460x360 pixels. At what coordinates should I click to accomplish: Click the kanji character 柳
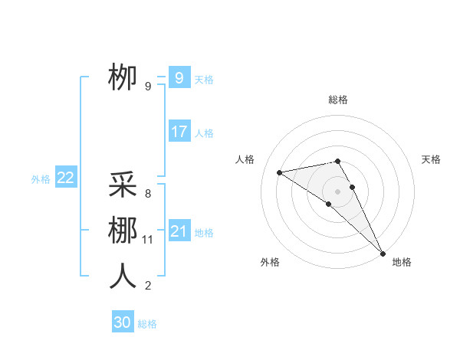[123, 77]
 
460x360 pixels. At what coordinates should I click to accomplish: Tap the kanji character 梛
[123, 231]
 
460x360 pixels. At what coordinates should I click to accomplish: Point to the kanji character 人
[123, 277]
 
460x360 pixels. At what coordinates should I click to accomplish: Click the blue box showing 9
[179, 77]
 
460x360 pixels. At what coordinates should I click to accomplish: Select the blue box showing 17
[179, 131]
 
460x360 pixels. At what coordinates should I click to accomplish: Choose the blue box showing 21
[179, 231]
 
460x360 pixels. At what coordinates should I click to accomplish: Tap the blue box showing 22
[65, 178]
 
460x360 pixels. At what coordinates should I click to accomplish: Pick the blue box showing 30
[123, 322]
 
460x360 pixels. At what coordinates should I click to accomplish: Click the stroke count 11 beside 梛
[148, 240]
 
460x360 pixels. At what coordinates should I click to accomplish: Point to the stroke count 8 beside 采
[147, 194]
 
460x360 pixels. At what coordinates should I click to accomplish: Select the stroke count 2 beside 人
[147, 286]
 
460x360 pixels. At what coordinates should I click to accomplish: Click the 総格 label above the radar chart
[338, 100]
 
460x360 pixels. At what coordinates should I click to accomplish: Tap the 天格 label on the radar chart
[431, 159]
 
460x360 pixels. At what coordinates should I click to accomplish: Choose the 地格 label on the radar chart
[402, 262]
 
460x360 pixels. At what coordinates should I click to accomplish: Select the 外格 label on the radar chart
[270, 262]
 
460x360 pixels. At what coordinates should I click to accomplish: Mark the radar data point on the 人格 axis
[280, 172]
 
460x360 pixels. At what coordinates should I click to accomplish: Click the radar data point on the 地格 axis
[383, 253]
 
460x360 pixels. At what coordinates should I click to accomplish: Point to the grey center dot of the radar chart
[337, 191]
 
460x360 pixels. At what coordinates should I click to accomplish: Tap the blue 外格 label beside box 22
[41, 179]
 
